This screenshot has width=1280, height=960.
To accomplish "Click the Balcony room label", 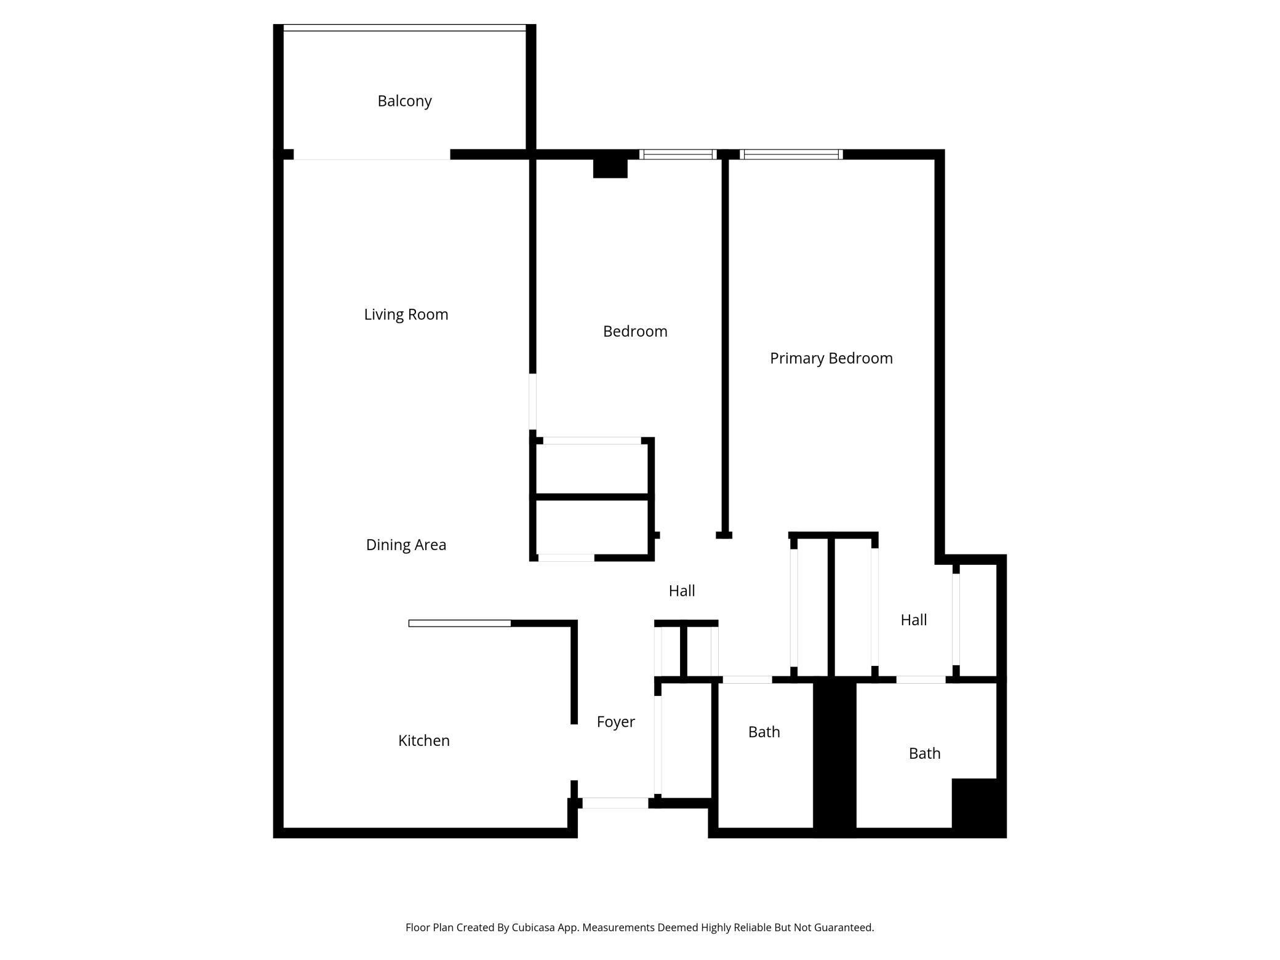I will pos(404,101).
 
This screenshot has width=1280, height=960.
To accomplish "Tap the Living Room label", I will pos(406,314).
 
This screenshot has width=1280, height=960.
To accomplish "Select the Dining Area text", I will pos(406,545).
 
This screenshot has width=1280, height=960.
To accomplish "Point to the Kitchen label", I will pos(423,740).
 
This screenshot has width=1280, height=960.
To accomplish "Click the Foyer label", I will pos(615,722).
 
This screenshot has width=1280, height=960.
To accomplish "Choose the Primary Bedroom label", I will pos(831,358).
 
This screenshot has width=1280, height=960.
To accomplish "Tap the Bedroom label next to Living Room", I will pos(634,332).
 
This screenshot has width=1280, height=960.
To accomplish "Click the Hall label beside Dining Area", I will pos(681,591).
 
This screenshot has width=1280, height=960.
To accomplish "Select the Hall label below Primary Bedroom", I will pos(913,620).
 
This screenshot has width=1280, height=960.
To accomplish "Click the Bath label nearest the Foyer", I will pos(764,732).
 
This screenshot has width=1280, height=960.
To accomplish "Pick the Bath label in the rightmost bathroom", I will pos(924,754).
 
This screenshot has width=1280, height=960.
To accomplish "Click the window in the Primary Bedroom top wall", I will pos(791,154).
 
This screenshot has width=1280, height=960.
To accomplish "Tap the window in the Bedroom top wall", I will pos(678,154).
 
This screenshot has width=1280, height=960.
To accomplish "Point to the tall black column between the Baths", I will pos(834,757).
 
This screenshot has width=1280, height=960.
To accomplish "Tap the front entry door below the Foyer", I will pos(615,803).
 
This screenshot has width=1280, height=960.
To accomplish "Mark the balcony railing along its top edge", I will pos(404,28).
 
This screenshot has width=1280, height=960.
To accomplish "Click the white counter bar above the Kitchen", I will pos(460,623).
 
